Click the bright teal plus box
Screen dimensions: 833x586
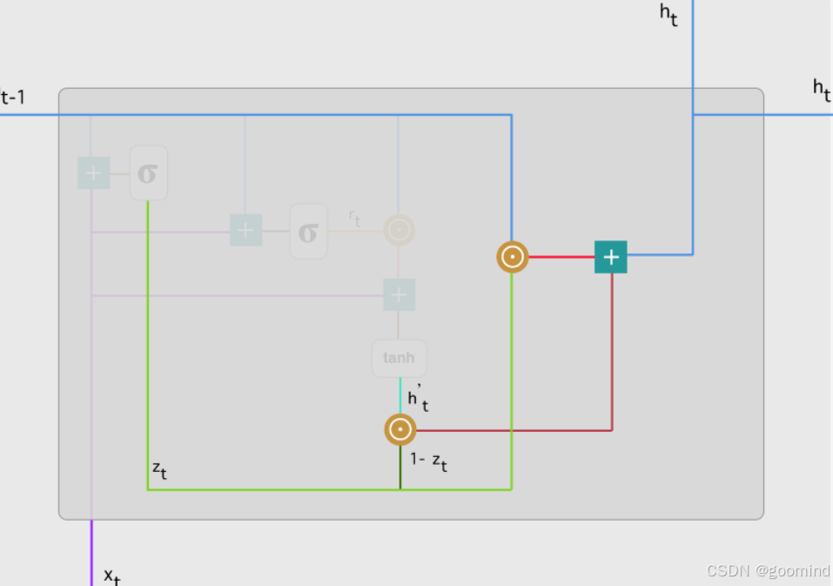click(x=611, y=257)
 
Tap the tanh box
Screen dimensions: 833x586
click(x=400, y=358)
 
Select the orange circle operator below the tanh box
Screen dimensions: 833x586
click(x=400, y=429)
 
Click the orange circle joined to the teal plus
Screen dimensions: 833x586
click(x=513, y=257)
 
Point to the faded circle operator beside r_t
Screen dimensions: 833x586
click(x=399, y=231)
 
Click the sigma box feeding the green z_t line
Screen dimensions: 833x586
click(x=148, y=173)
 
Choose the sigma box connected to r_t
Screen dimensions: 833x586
click(x=308, y=232)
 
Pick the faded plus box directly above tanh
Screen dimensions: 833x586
click(x=399, y=295)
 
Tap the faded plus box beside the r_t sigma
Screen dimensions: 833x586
click(x=245, y=231)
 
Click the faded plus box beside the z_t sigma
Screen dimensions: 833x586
click(x=93, y=172)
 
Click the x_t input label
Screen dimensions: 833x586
click(x=111, y=576)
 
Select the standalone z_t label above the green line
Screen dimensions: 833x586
click(x=159, y=470)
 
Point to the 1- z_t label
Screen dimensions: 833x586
click(x=429, y=461)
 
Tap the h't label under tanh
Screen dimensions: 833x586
click(x=418, y=398)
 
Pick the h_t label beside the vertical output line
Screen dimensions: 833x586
click(x=668, y=16)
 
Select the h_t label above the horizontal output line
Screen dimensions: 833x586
click(x=821, y=89)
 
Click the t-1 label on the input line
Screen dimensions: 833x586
click(x=13, y=96)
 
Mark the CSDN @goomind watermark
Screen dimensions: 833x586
click(x=768, y=570)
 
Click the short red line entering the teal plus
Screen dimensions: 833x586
click(x=561, y=257)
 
